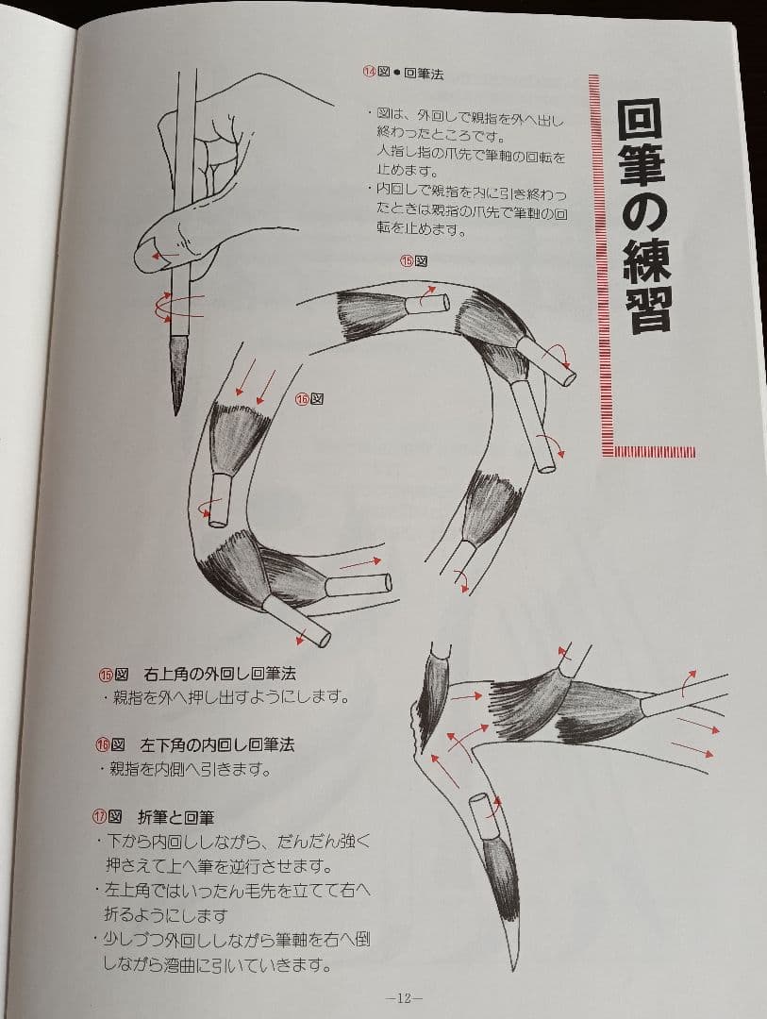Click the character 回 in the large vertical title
click(x=644, y=121)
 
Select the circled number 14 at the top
click(x=370, y=72)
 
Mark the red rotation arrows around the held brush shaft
click(x=177, y=305)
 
